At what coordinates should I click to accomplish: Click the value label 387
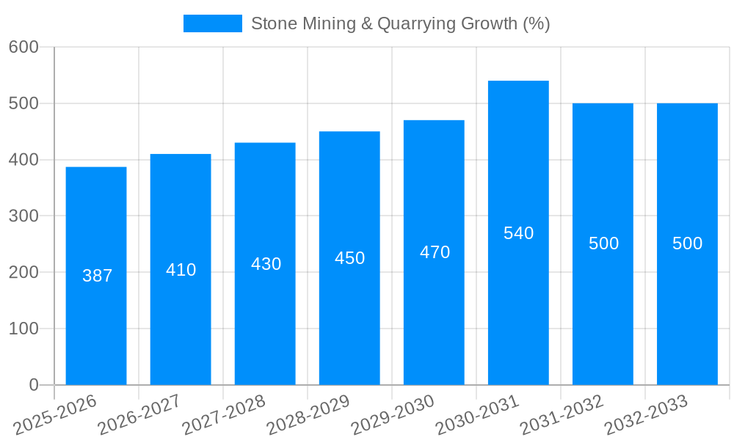click(97, 276)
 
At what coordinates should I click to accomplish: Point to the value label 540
click(518, 233)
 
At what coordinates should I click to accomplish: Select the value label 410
click(181, 270)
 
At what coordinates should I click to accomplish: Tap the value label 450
click(349, 258)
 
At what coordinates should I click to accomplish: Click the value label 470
click(435, 252)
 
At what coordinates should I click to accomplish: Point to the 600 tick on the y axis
click(23, 47)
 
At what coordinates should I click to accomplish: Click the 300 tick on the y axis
click(23, 216)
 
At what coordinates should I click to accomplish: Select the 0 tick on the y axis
click(33, 385)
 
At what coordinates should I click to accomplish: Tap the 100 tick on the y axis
click(23, 329)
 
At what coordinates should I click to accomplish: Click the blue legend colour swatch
click(212, 23)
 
